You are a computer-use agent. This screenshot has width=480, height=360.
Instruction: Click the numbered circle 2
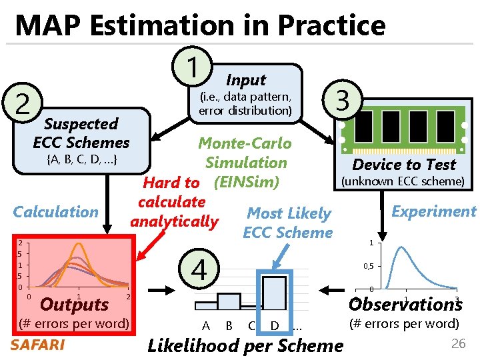click(23, 105)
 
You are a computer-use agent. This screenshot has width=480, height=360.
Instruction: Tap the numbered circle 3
click(343, 101)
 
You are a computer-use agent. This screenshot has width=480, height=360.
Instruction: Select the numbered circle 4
click(199, 269)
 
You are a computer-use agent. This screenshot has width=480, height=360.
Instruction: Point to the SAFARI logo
click(38, 345)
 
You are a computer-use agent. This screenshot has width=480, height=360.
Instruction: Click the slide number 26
click(458, 344)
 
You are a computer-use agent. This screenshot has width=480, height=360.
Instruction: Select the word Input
click(246, 80)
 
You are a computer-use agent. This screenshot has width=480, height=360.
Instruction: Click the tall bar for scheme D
click(274, 293)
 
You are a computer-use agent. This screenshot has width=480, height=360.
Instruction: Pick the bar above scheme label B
click(229, 301)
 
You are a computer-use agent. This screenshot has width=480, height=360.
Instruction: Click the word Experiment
click(433, 211)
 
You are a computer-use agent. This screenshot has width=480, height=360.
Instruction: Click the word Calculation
click(56, 212)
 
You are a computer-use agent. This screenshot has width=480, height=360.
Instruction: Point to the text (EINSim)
click(246, 182)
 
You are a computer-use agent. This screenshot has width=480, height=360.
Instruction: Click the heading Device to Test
click(404, 165)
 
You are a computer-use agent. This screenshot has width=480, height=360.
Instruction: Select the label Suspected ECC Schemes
click(81, 133)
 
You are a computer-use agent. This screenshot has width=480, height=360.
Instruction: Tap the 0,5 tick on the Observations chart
click(367, 266)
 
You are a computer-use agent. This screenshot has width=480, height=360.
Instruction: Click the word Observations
click(405, 304)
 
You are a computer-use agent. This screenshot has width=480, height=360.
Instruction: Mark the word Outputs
click(75, 305)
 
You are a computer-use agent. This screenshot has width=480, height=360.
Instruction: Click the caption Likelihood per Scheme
click(245, 345)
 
